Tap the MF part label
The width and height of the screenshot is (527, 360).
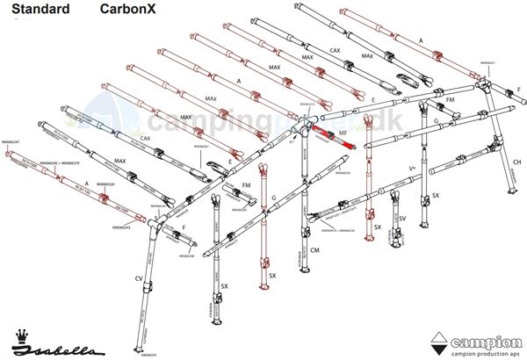pos(343,133)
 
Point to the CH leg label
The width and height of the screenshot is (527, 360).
pos(516,162)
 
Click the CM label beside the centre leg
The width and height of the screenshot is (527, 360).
pos(315,250)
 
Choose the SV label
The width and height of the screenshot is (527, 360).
pos(402,218)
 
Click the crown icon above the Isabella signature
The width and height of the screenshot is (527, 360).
pos(24,335)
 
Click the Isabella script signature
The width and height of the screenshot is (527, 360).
pos(66,345)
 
